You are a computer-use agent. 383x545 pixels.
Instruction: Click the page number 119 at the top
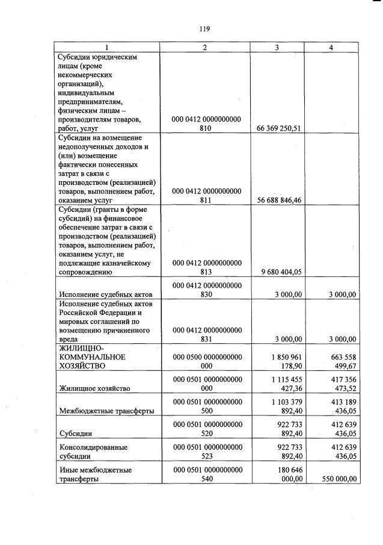204,28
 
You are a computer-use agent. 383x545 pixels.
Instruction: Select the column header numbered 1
107,47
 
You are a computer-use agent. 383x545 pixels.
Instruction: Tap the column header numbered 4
331,47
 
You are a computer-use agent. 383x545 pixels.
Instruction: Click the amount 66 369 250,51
278,128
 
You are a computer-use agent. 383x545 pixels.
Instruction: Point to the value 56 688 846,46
278,200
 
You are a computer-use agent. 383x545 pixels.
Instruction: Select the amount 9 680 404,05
281,272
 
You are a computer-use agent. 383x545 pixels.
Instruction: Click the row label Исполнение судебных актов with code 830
101,294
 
